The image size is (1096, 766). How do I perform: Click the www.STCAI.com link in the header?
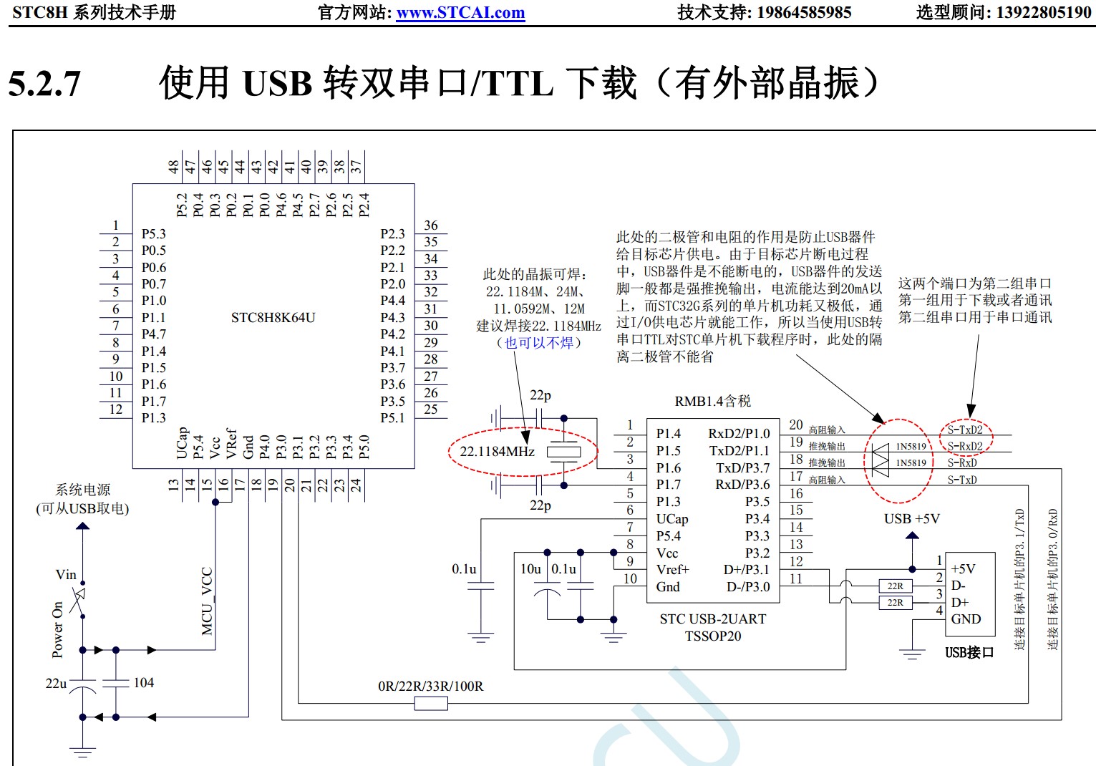460,13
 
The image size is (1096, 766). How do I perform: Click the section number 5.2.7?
44,84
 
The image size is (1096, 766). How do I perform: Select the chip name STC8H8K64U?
273,317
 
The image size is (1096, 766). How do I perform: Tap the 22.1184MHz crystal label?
497,452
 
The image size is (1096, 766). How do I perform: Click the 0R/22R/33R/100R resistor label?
430,687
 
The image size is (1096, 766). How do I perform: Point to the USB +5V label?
911,519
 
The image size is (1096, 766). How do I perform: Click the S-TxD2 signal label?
965,430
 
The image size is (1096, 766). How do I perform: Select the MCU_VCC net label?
207,601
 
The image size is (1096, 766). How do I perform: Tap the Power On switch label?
57,629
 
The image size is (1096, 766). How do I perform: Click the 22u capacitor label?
56,684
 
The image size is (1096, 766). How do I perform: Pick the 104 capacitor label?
143,683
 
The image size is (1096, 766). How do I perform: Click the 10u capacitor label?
530,569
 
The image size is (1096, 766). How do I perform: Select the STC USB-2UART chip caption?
712,619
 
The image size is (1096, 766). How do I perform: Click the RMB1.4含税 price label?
712,402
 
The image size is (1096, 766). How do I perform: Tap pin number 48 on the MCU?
173,167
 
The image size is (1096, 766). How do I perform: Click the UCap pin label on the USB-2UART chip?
672,519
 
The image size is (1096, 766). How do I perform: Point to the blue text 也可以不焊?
539,343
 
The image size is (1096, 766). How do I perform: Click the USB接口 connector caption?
969,652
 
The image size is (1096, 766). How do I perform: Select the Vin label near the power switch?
66,575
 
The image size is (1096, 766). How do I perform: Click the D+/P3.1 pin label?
747,570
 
